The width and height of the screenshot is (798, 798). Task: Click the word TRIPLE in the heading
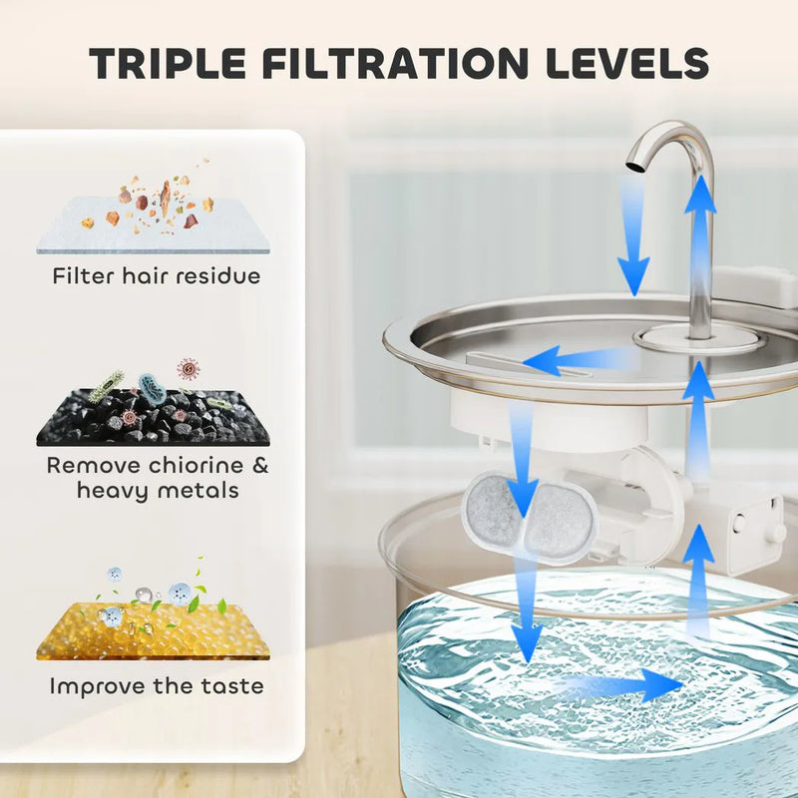(168, 63)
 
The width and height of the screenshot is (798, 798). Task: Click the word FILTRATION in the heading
(395, 63)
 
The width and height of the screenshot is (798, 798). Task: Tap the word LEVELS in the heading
(627, 63)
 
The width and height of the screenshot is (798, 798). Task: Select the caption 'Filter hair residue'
(157, 276)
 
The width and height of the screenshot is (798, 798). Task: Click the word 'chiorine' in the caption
(196, 465)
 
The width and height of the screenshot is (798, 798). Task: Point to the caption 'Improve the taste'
(157, 686)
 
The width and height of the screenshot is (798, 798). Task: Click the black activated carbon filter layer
(153, 418)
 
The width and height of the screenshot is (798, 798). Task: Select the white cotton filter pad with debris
(153, 225)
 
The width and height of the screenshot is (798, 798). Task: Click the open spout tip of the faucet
(634, 168)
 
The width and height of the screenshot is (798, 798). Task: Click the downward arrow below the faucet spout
(633, 235)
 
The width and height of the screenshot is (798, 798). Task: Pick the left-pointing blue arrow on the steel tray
(581, 360)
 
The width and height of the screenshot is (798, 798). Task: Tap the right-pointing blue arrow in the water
(620, 685)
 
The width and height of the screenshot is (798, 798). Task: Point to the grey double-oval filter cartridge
(530, 516)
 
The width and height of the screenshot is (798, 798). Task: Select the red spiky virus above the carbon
(188, 368)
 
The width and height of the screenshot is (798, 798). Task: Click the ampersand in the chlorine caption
(260, 465)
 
